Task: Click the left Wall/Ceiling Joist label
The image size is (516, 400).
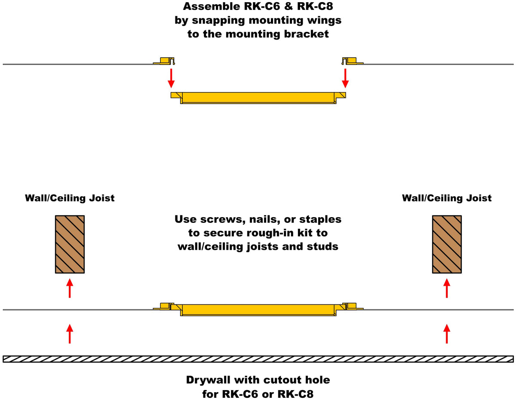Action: (x=70, y=198)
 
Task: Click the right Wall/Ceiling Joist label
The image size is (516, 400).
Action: (x=447, y=198)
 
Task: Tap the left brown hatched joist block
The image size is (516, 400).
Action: (x=70, y=244)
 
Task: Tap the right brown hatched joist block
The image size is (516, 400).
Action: (x=447, y=244)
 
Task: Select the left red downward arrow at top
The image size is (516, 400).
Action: (x=171, y=78)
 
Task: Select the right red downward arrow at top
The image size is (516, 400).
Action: (x=345, y=78)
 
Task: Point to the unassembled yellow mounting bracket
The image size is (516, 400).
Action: (x=258, y=98)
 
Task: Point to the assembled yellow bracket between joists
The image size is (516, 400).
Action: (x=258, y=310)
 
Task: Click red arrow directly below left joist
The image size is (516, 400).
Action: (x=70, y=288)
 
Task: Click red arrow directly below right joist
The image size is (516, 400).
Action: (x=447, y=288)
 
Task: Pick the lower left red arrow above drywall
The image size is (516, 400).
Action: (x=70, y=334)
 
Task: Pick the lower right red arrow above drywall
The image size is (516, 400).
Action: (x=447, y=334)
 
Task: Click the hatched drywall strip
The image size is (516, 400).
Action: (x=258, y=359)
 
